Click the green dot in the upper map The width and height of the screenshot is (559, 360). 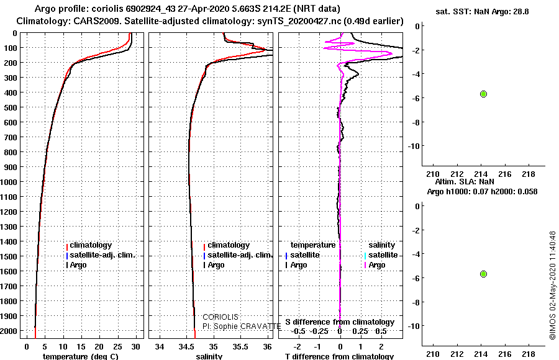point(483,94)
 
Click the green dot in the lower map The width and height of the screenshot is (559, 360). point(483,274)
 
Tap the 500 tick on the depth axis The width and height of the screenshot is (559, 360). point(11,107)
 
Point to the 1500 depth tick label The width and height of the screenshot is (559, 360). point(9,256)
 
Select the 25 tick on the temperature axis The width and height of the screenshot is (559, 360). point(117,347)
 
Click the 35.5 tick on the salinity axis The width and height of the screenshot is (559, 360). point(240,347)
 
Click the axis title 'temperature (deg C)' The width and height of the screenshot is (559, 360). point(80,356)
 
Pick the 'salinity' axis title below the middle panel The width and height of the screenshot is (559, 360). point(209,356)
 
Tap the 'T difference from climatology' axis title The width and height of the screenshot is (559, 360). point(339,356)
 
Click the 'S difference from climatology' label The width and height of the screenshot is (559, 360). point(340,322)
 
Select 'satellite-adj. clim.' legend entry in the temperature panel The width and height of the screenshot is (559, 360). point(102,255)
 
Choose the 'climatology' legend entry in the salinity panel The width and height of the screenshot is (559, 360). point(229,245)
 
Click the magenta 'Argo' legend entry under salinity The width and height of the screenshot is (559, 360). point(377,265)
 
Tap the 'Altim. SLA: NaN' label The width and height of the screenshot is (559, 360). point(465,182)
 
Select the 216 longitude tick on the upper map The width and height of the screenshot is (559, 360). point(505,174)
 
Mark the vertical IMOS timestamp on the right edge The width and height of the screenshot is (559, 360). point(553,285)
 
